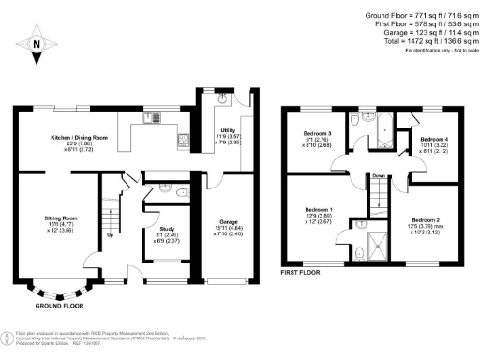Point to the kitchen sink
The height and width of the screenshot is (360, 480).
[150, 117]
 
